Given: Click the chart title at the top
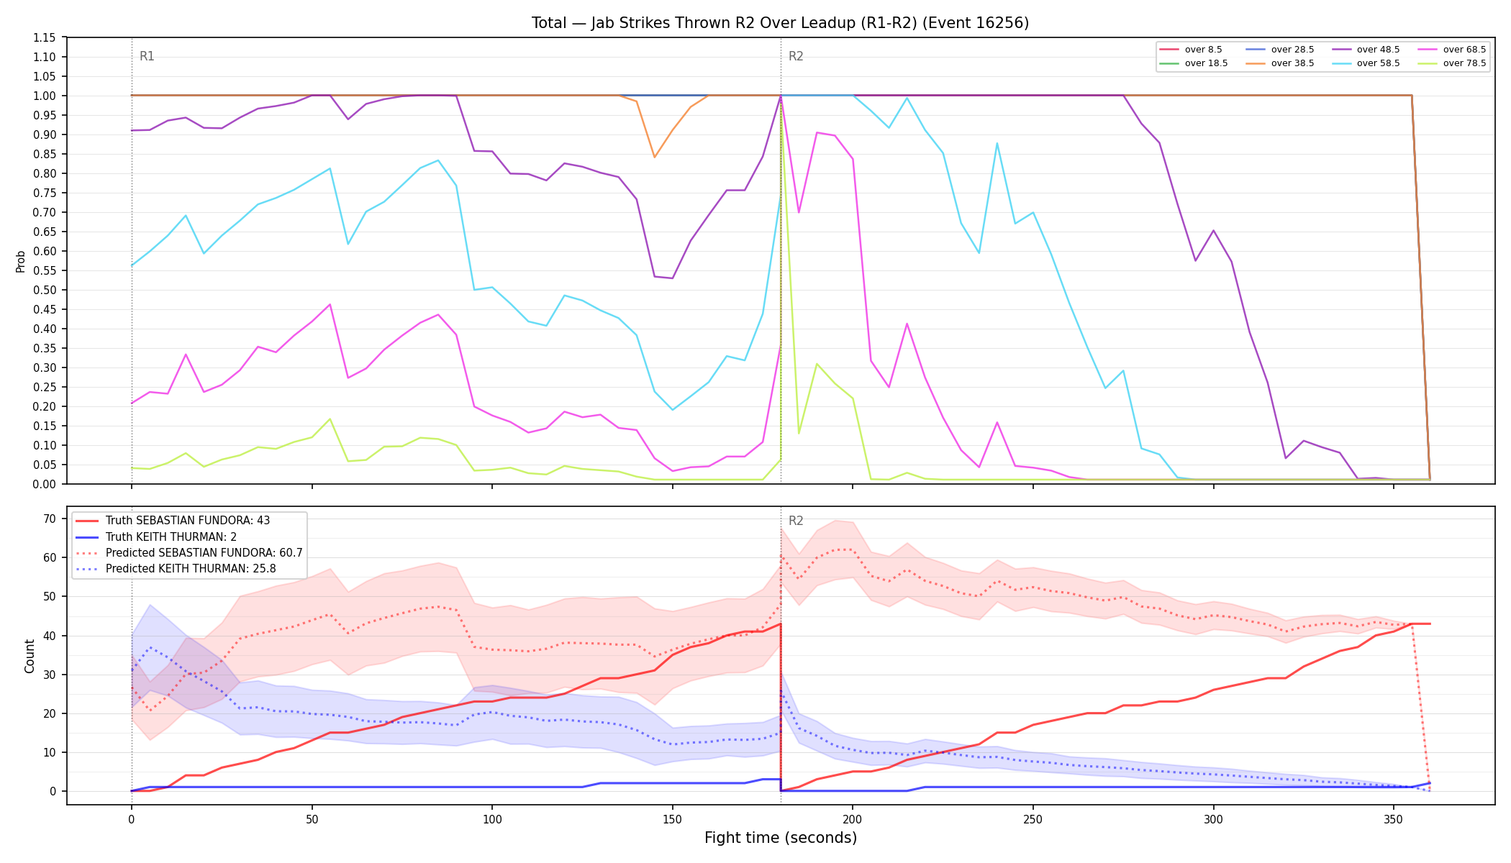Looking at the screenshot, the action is pos(780,23).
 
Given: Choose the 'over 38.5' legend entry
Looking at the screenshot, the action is pos(1280,63).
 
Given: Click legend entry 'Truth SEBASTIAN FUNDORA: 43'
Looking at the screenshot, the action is pos(173,521).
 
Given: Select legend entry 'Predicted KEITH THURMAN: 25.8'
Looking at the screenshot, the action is pos(176,569).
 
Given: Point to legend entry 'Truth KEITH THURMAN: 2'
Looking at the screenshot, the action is pos(156,536).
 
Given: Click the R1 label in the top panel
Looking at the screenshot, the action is pos(147,56).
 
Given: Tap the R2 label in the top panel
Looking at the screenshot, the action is pos(796,56).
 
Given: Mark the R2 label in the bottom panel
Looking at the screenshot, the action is pos(796,521).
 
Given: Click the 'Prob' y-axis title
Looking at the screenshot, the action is pos(20,261).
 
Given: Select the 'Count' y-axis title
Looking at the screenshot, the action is pos(30,656).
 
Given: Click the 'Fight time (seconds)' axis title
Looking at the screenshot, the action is pos(781,838).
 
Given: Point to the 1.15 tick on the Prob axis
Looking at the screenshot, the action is pos(45,37).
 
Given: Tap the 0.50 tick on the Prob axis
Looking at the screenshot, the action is pos(45,290).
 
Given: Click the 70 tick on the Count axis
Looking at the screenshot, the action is pos(50,519).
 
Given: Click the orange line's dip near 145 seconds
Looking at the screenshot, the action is pos(654,157).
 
